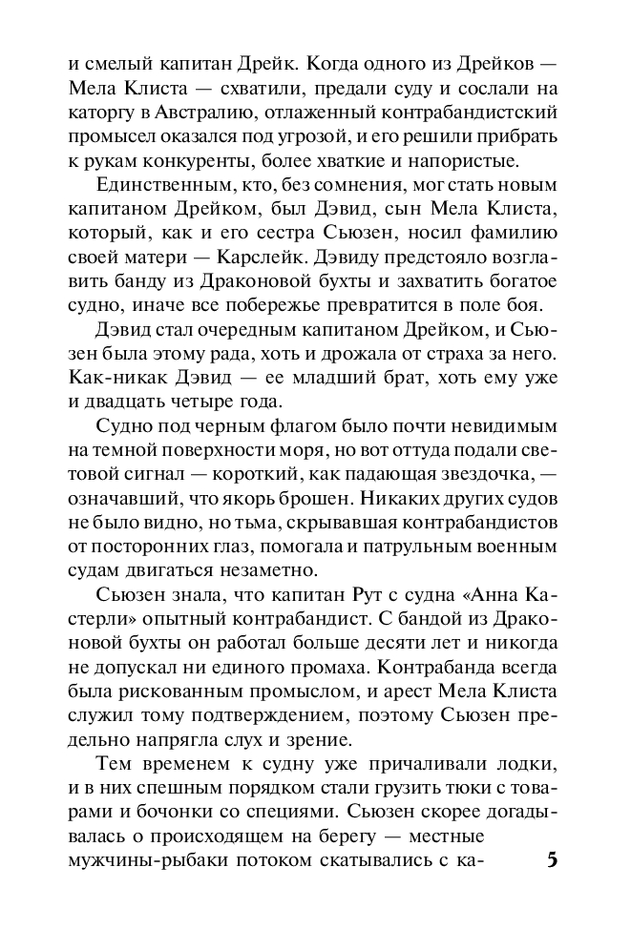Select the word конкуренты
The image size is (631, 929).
pos(206,159)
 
